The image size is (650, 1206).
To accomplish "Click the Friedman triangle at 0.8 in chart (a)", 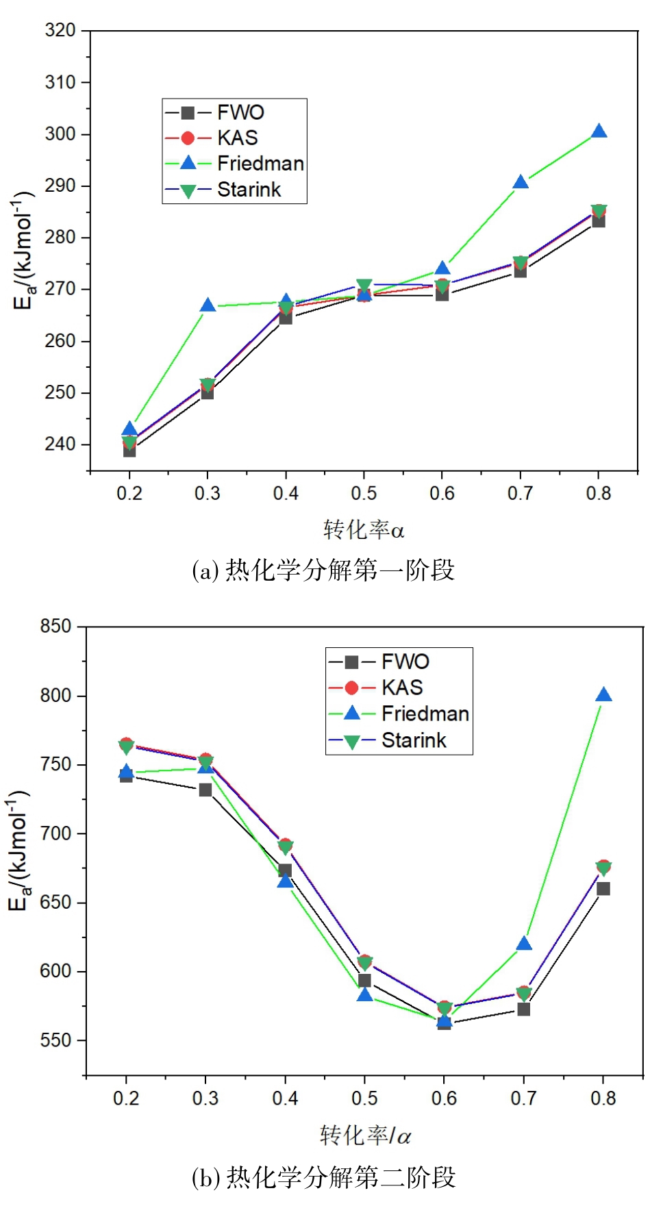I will tap(599, 131).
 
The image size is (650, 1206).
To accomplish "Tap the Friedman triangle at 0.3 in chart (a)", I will tap(208, 305).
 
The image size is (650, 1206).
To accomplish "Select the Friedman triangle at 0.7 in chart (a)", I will tap(521, 182).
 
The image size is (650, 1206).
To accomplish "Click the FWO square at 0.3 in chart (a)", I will tap(208, 392).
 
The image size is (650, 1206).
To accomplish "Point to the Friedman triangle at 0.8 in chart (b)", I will tap(603, 695).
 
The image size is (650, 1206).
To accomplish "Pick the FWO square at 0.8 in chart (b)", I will tap(603, 889).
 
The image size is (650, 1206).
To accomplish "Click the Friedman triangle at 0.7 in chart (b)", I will tap(524, 944).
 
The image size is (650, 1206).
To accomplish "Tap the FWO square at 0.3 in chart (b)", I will tap(205, 790).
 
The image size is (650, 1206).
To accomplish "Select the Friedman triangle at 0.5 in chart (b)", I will tap(364, 995).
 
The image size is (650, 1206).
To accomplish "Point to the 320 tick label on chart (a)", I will tap(60, 30).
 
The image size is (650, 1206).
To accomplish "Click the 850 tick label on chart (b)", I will tap(55, 627).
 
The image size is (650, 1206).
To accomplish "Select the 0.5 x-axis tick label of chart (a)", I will tap(364, 493).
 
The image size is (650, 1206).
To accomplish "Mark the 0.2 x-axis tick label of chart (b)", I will tap(126, 1098).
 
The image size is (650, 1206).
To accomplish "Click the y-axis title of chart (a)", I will tap(23, 251).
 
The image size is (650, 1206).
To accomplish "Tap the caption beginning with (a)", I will tap(323, 570).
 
